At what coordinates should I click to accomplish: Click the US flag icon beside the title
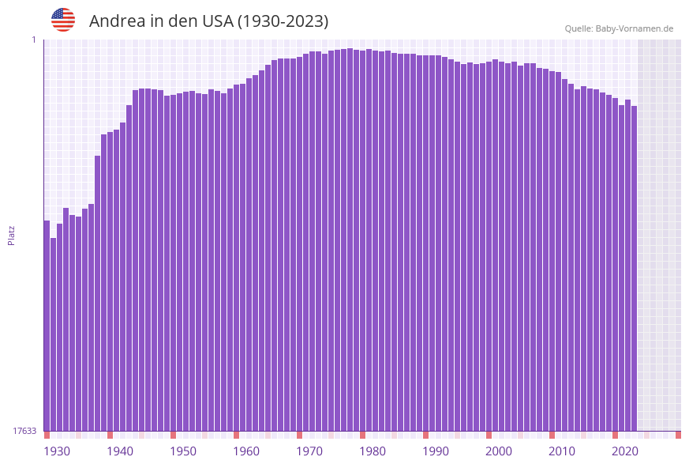[x=63, y=20]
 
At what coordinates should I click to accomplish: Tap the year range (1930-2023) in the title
[x=283, y=21]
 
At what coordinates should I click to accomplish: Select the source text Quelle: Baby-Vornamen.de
[x=618, y=28]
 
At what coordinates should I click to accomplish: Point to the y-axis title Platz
[x=12, y=236]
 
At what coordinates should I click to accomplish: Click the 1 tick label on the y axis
[x=33, y=40]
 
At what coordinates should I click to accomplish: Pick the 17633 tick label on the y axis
[x=24, y=431]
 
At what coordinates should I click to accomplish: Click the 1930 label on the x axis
[x=57, y=451]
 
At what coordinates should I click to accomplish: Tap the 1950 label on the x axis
[x=183, y=451]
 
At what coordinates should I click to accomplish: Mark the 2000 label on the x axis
[x=499, y=451]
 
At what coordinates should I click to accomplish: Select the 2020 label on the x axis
[x=625, y=451]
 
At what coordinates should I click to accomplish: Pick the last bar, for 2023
[x=634, y=269]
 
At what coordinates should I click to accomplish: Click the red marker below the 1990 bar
[x=426, y=435]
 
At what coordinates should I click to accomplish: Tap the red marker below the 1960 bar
[x=237, y=435]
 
